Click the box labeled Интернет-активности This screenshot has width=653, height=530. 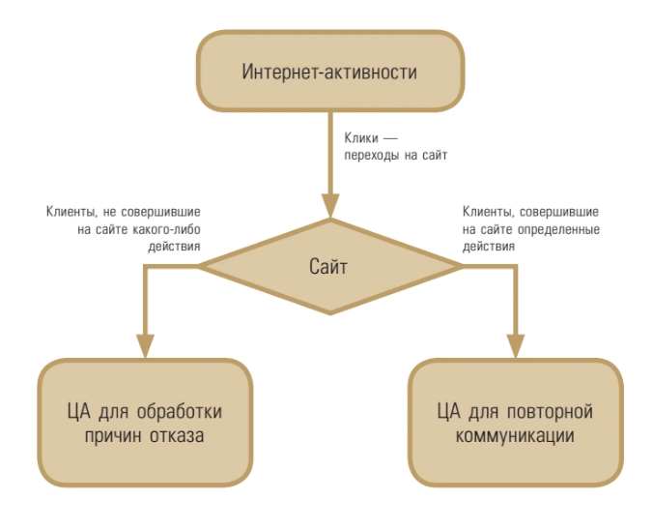tap(328, 74)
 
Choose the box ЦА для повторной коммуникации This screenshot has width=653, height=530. tap(514, 424)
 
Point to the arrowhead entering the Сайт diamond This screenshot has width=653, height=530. tap(328, 205)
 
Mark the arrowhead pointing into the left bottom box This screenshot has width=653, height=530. tap(144, 346)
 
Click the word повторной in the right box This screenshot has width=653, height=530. tap(549, 412)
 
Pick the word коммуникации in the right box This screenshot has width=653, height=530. tap(514, 436)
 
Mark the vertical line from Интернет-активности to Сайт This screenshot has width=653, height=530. tap(328, 155)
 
